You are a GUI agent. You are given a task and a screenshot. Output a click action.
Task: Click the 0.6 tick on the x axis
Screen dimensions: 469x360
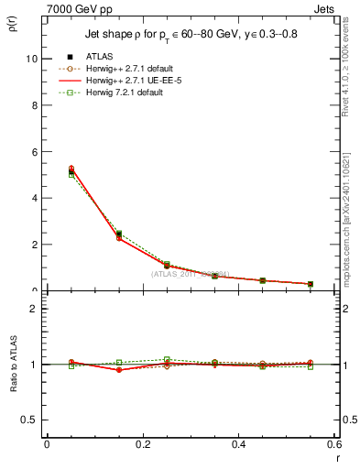pos(333,444)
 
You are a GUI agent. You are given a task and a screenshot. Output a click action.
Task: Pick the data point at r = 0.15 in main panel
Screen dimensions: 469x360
pos(119,236)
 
